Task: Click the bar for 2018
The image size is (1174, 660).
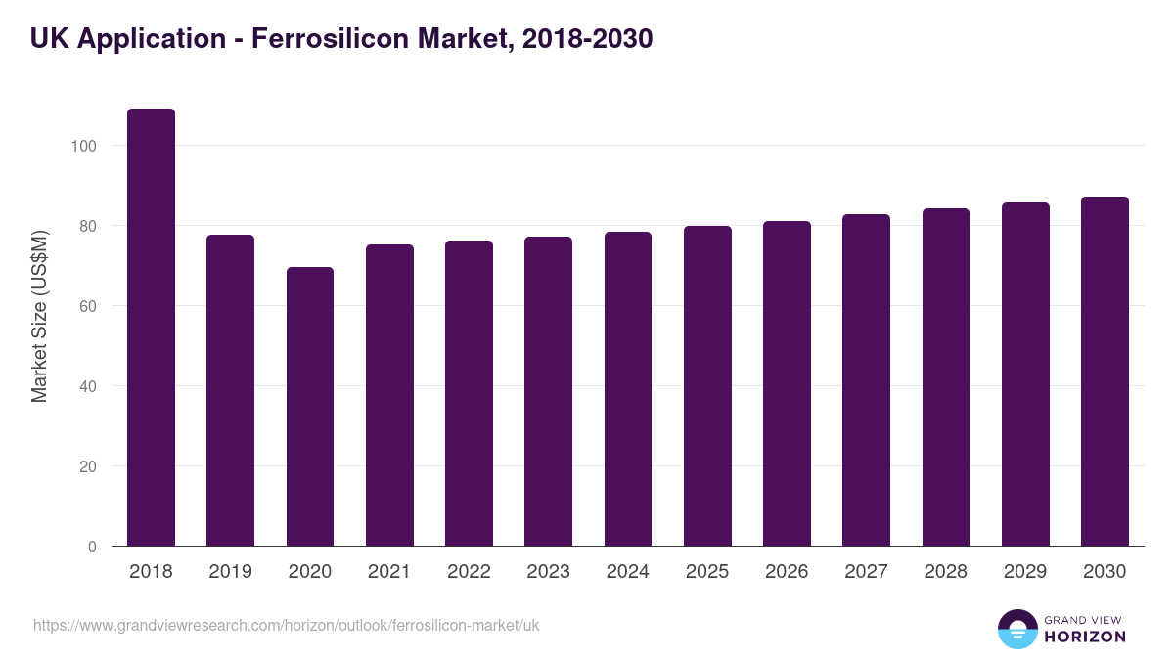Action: point(151,328)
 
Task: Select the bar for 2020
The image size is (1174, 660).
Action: point(310,407)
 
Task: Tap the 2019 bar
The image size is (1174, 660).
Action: point(230,390)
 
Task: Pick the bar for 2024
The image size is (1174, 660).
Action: point(628,389)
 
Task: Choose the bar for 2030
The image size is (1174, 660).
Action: point(1105,372)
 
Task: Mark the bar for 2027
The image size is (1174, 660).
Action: point(866,380)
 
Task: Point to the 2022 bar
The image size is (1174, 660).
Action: point(469,393)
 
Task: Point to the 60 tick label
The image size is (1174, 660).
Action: point(88,306)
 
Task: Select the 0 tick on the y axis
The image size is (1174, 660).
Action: point(92,547)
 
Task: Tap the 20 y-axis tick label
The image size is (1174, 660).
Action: point(88,466)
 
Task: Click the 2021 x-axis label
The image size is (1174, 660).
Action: point(389,572)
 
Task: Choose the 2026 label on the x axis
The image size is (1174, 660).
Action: point(787,572)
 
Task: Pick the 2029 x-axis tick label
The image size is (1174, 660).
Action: point(1025,572)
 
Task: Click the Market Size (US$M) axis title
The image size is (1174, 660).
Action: point(39,317)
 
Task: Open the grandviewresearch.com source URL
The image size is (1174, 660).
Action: point(287,625)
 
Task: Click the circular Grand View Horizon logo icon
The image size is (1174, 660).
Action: point(1016,629)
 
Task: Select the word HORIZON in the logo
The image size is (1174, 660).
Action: point(1085,637)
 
